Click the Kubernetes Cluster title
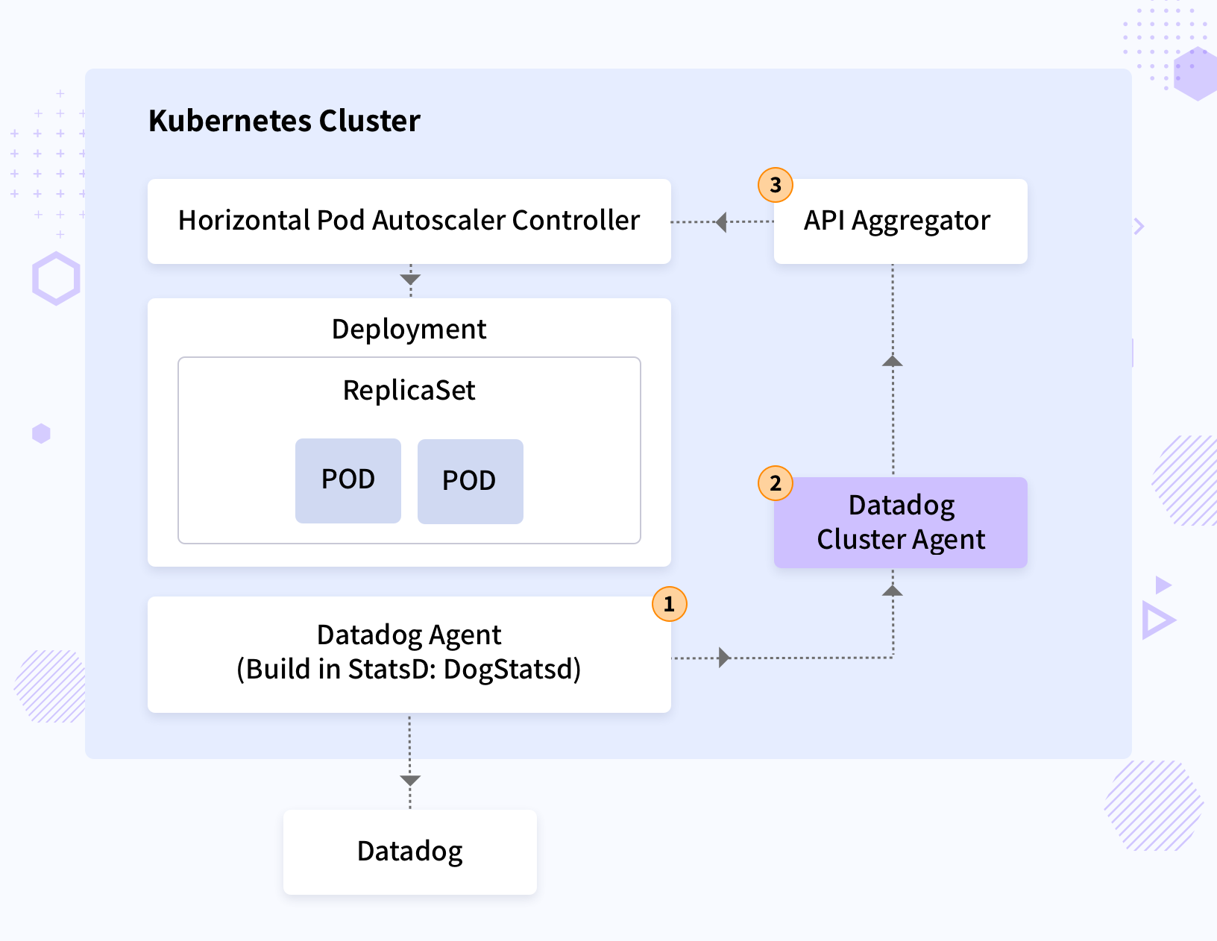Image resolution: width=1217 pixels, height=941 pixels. click(x=284, y=121)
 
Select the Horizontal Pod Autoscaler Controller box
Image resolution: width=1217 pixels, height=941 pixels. click(x=409, y=221)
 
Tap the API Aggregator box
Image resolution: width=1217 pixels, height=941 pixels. click(x=900, y=221)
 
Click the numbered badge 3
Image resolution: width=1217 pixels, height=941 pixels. click(x=776, y=184)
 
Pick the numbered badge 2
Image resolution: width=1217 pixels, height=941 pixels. click(x=776, y=483)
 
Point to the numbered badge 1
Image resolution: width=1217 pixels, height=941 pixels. click(x=669, y=604)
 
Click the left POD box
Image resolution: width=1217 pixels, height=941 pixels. click(x=348, y=480)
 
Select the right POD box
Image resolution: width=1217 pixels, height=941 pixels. click(x=470, y=481)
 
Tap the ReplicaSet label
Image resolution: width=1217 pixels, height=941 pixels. click(x=409, y=390)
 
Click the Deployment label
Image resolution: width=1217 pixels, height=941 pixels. click(x=409, y=329)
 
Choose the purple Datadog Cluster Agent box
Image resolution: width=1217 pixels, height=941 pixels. click(x=900, y=522)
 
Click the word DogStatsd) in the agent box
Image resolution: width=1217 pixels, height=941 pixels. click(x=512, y=670)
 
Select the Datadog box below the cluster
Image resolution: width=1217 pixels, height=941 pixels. click(x=409, y=852)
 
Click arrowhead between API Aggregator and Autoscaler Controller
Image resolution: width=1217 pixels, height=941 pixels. click(x=721, y=221)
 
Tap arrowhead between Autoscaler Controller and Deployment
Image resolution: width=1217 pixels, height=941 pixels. click(x=410, y=280)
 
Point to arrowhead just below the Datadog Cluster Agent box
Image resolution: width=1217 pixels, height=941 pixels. click(x=893, y=591)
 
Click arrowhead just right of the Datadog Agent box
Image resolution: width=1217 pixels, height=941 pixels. click(x=723, y=658)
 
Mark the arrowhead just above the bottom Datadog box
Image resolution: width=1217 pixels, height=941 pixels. click(x=410, y=781)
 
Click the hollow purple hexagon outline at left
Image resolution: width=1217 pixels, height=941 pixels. click(x=56, y=278)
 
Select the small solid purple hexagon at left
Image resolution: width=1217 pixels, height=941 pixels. click(x=41, y=433)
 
